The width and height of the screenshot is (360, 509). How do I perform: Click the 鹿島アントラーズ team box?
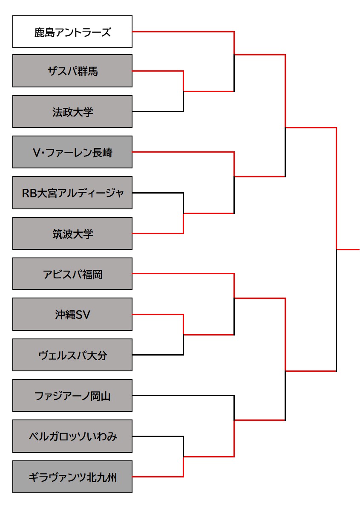[72, 32]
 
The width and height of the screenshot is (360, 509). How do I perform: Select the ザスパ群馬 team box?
[72, 71]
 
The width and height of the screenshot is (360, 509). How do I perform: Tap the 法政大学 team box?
[72, 112]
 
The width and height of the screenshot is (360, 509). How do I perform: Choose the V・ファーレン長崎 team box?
[72, 152]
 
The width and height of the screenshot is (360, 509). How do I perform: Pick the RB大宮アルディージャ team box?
[72, 193]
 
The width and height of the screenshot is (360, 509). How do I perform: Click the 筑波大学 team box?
[72, 234]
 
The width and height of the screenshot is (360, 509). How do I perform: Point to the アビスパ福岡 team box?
[72, 274]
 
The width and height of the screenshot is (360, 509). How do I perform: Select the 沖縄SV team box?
[72, 315]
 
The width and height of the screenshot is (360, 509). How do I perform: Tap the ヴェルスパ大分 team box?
[72, 355]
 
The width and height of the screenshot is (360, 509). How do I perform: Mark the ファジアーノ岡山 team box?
[72, 396]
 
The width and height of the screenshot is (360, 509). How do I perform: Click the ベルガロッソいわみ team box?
[72, 436]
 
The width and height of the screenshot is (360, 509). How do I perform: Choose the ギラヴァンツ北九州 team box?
[72, 477]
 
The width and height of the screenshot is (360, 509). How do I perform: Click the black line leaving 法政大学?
[158, 112]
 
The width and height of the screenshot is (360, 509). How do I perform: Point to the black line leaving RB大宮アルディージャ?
[158, 193]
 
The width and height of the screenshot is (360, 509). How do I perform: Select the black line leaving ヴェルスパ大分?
[158, 355]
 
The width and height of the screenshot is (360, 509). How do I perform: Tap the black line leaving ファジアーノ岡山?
[183, 396]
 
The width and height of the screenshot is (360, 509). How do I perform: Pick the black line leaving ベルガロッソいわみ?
[158, 436]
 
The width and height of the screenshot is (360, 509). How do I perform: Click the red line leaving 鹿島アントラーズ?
[183, 32]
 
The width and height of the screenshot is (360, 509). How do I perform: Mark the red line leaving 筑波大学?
[158, 233]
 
